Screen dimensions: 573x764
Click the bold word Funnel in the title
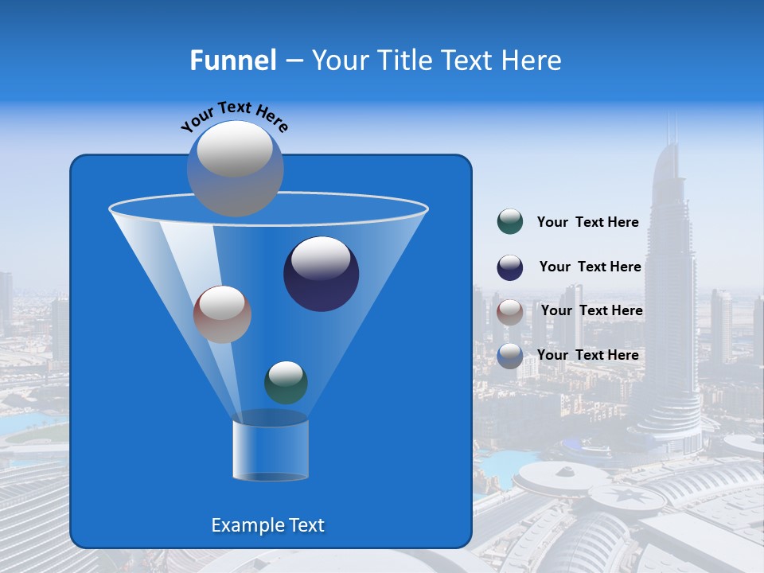[x=232, y=60]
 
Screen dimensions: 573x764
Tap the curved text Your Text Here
[x=234, y=115]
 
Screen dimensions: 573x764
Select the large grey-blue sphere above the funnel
[x=235, y=168]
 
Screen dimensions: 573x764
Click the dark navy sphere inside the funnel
[x=321, y=274]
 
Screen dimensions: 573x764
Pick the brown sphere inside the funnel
[x=222, y=314]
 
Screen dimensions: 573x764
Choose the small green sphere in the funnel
[x=286, y=382]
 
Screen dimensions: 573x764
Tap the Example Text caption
[x=268, y=525]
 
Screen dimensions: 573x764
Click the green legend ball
[x=510, y=222]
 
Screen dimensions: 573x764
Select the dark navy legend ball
[x=510, y=267]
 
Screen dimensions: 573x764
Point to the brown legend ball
[x=510, y=312]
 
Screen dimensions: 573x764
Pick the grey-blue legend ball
[x=510, y=356]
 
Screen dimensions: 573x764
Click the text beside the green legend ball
[x=587, y=223]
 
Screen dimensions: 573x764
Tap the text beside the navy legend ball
[x=590, y=267]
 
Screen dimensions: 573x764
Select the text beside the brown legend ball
[x=591, y=310]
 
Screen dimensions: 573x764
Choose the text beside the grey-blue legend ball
[x=587, y=355]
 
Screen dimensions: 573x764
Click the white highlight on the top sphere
[x=235, y=149]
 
